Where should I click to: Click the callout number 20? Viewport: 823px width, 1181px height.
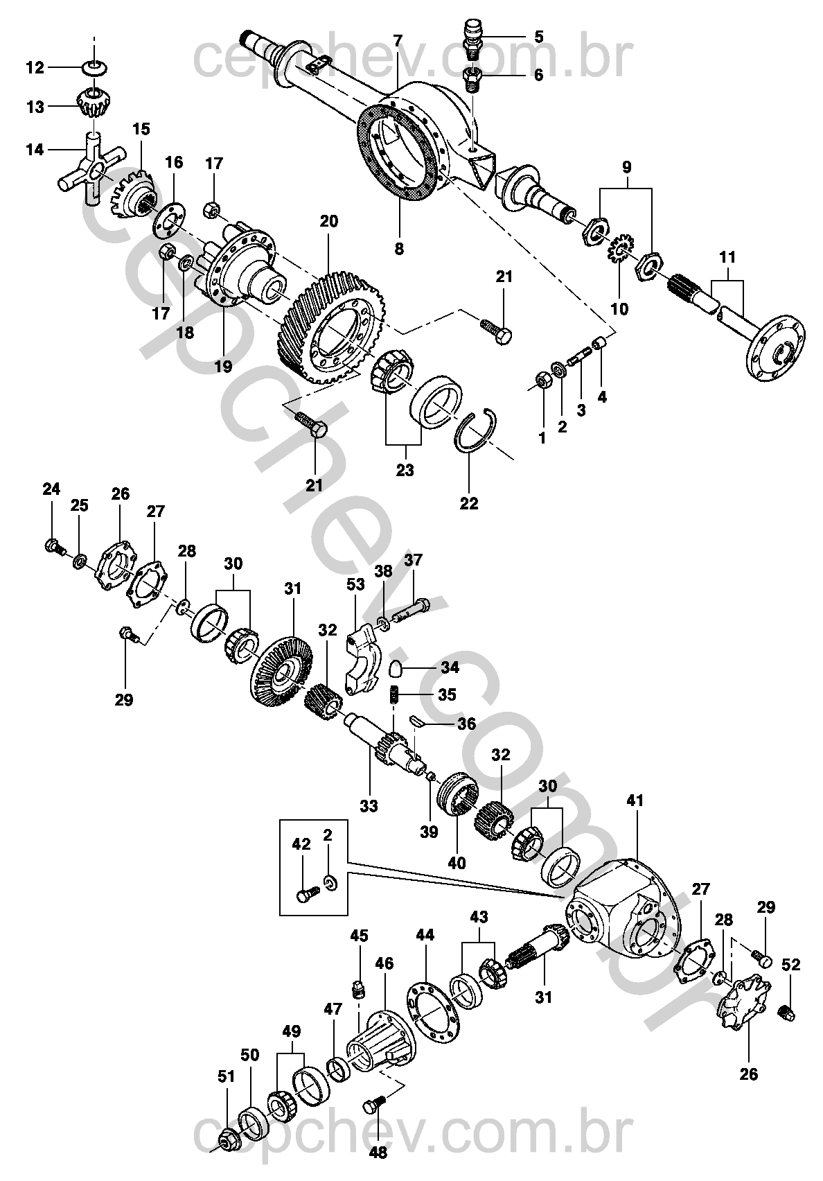pyautogui.click(x=329, y=221)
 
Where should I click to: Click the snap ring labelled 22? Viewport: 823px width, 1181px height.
pyautogui.click(x=476, y=430)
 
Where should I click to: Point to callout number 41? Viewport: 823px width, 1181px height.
pyautogui.click(x=635, y=801)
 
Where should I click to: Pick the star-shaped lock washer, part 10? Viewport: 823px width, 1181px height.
pyautogui.click(x=620, y=247)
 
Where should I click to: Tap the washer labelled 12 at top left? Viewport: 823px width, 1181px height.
pyautogui.click(x=93, y=67)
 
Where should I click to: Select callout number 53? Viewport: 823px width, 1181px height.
pyautogui.click(x=355, y=585)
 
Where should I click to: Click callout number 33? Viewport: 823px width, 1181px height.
pyautogui.click(x=369, y=806)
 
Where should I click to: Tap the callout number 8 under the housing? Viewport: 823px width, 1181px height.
pyautogui.click(x=399, y=248)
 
